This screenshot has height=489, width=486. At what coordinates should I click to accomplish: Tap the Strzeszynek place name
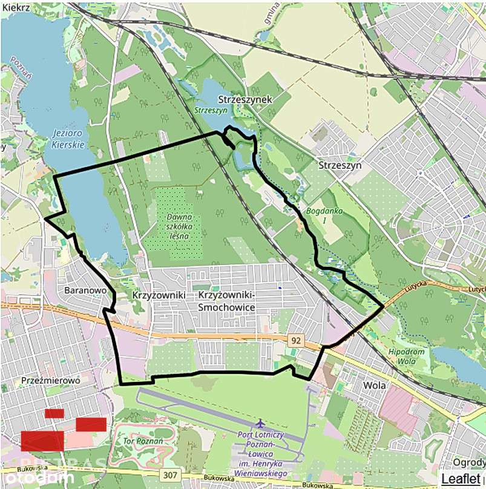coord(247,99)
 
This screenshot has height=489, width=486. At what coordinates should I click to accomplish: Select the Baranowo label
coord(85,290)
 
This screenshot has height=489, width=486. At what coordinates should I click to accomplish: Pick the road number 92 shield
coord(295,341)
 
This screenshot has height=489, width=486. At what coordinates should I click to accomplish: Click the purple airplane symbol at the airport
coord(261,422)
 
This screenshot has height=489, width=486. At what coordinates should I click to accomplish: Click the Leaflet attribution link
coord(462,479)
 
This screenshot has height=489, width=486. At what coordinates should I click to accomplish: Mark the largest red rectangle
coord(42,441)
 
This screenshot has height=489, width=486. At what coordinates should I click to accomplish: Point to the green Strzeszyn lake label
coord(211,111)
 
